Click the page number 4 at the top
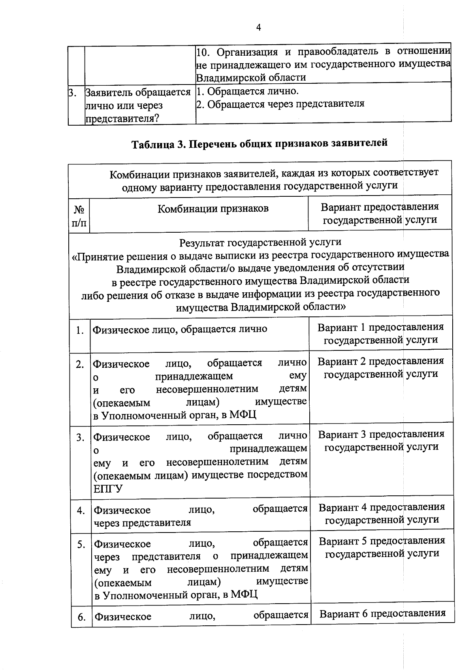tap(259, 27)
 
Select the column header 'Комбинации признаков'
tap(213, 209)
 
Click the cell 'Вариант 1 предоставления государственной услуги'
tap(381, 333)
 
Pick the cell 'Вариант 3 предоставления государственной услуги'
tap(381, 440)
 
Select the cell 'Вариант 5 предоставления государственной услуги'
tap(382, 547)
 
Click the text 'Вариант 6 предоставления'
tap(382, 614)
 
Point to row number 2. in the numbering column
tap(80, 364)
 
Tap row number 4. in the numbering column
tap(81, 511)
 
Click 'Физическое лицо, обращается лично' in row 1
tap(180, 329)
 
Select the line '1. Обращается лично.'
tap(248, 92)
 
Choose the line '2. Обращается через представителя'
tap(280, 104)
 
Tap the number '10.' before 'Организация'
tap(204, 52)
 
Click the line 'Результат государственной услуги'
tap(260, 242)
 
